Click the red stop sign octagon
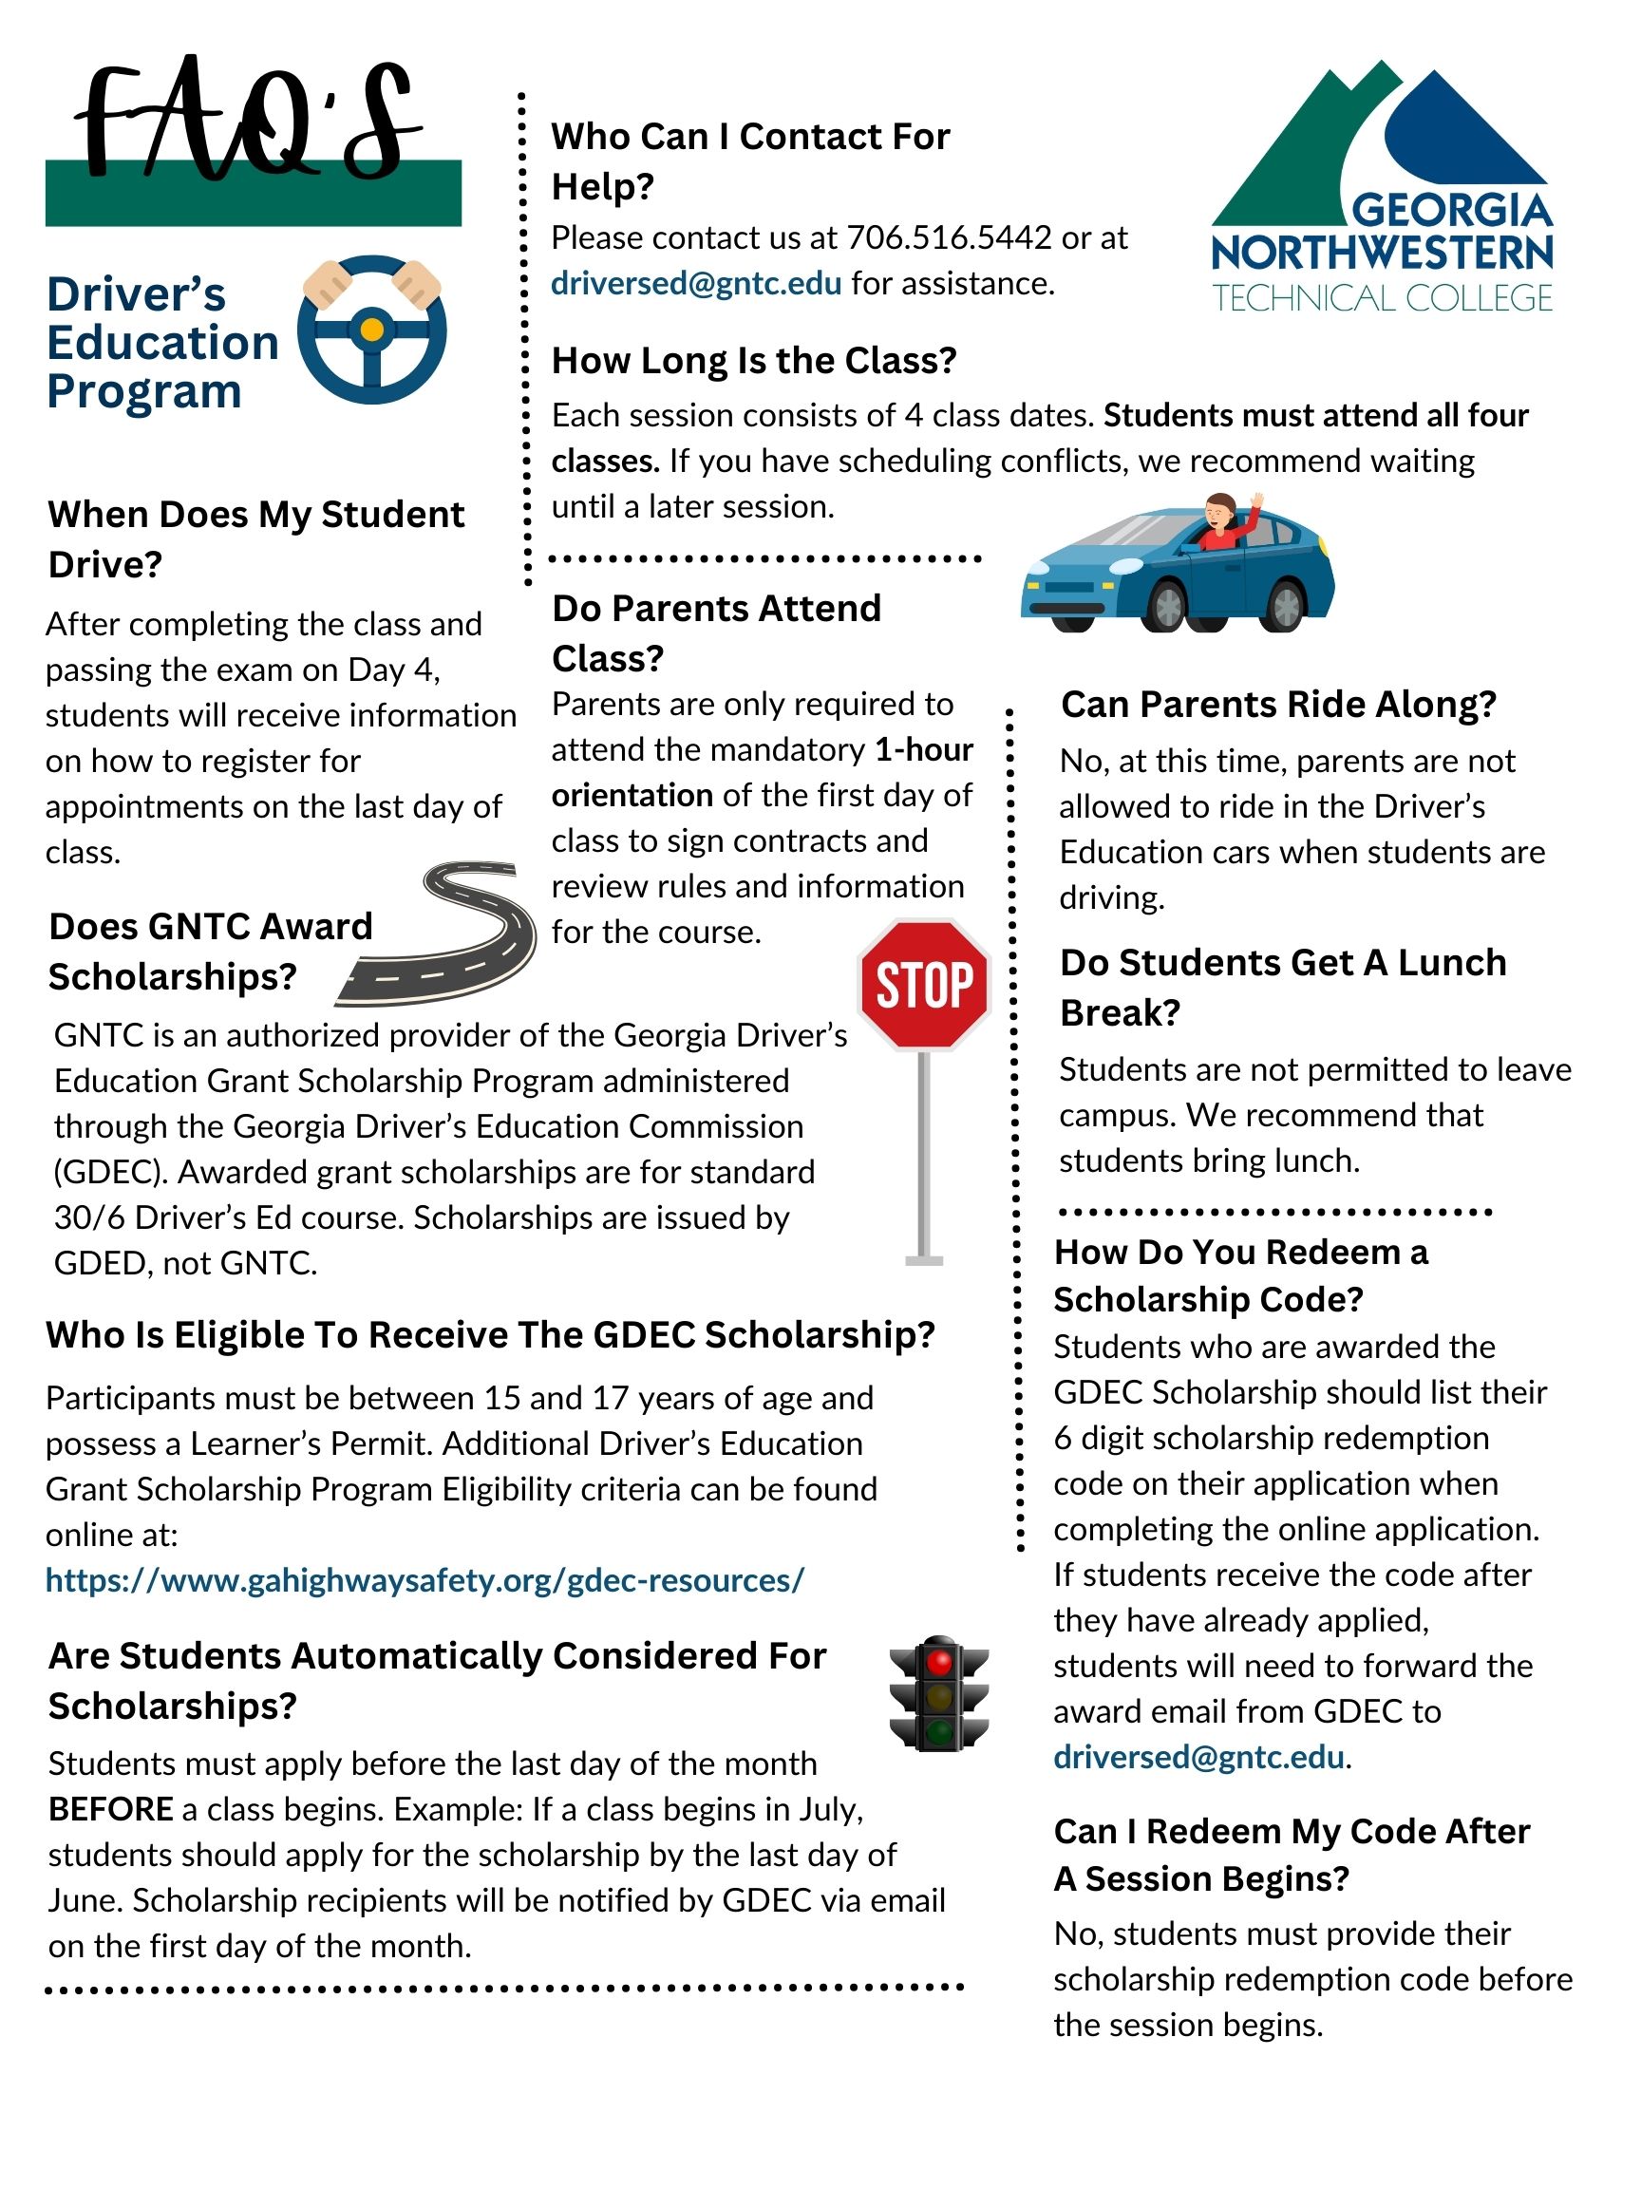click(923, 985)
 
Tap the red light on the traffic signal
click(938, 1661)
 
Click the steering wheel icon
click(372, 330)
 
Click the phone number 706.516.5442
click(949, 238)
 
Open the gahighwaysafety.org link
click(425, 1580)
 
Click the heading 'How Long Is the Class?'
click(754, 361)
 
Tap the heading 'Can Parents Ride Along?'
click(1278, 705)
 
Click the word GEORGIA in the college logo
click(1451, 211)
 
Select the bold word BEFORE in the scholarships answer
click(111, 1809)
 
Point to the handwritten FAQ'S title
click(247, 123)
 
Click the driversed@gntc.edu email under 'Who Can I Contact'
click(696, 284)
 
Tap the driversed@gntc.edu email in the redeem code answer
click(1198, 1757)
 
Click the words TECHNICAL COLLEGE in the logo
click(1382, 298)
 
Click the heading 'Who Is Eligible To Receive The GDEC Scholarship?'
click(491, 1335)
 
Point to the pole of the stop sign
click(924, 1158)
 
